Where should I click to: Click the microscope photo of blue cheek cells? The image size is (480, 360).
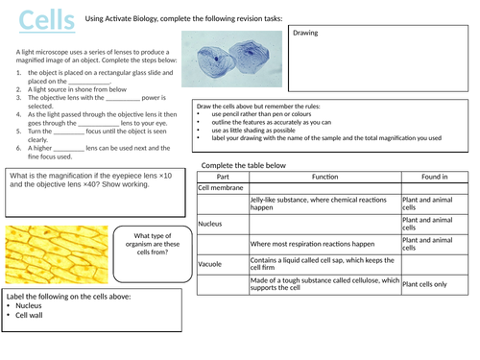click(x=231, y=68)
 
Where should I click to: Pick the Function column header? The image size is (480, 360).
click(x=324, y=177)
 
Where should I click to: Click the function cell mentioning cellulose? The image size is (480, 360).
click(x=324, y=283)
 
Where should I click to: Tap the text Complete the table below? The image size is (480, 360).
click(x=244, y=165)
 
